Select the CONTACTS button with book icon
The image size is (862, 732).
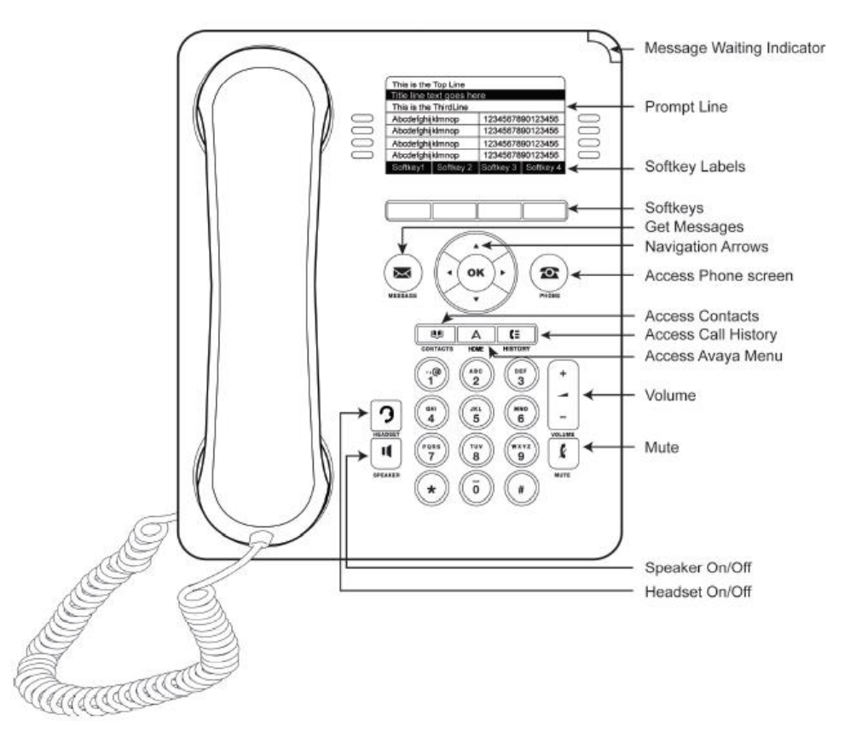[435, 336]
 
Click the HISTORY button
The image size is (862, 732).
[517, 336]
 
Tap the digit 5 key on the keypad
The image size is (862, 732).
[476, 416]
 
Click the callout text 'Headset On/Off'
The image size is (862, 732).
[699, 591]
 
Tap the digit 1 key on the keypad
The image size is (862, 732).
[431, 375]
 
